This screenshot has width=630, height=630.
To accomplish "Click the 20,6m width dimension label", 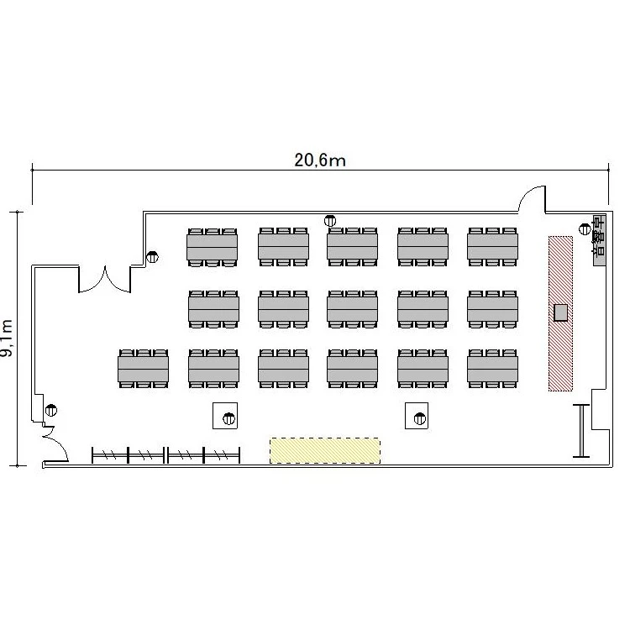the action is tap(320, 160).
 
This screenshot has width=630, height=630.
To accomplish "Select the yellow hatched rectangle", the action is tap(324, 450).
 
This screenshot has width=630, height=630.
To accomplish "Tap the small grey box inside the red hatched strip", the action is tap(560, 312).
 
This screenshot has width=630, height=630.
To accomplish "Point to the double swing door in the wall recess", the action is tap(104, 279).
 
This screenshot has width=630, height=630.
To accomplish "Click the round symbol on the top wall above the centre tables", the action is tap(330, 221).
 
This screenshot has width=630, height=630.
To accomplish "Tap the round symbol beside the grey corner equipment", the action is tap(585, 229).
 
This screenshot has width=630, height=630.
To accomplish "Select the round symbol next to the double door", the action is tap(152, 257).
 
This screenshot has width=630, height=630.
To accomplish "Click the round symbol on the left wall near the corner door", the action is tap(51, 410).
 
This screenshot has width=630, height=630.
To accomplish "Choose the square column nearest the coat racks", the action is tap(225, 416).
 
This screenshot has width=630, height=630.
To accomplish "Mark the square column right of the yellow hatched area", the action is tap(417, 416).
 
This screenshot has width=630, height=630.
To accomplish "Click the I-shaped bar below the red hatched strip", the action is tap(581, 431).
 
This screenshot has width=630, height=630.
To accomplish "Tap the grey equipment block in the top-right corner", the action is tap(600, 240).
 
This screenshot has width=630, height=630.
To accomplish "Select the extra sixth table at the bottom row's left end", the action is tap(143, 369).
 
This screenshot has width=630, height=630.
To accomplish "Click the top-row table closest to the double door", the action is tap(213, 248).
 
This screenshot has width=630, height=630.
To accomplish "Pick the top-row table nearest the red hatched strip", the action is tap(492, 247).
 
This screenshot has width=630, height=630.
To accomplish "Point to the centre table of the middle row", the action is tap(352, 309).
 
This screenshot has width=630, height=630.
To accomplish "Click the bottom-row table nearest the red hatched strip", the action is tap(492, 369).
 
